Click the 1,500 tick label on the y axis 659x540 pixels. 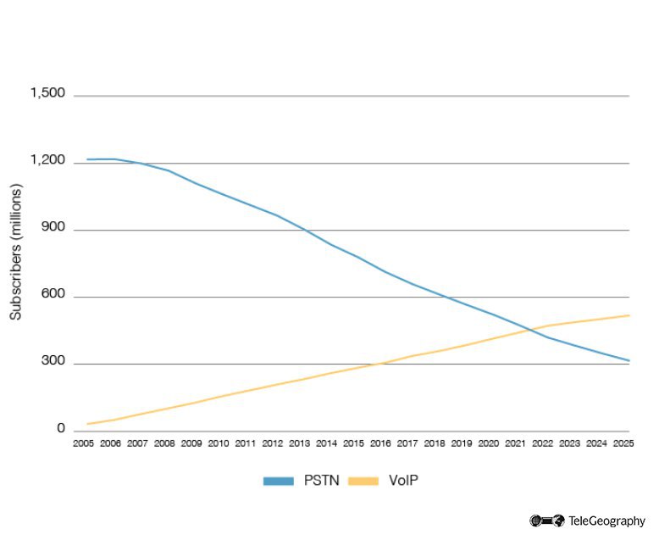tap(47, 93)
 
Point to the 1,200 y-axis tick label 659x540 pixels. tap(47, 161)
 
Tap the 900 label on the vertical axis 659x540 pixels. tap(53, 229)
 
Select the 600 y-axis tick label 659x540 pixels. tap(53, 296)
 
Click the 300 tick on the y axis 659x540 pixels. tap(53, 363)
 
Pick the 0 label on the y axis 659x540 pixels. tap(61, 429)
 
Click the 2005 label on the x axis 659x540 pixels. tap(84, 443)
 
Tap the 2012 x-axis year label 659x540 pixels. tap(273, 443)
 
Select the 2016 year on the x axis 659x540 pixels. tap(380, 443)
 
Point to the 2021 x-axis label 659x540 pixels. tap(515, 443)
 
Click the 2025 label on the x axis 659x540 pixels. tap(623, 443)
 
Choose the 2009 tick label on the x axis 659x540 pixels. tap(191, 443)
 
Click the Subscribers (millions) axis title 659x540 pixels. tap(16, 252)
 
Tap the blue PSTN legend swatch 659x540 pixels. tap(278, 481)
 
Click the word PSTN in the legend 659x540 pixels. tap(321, 481)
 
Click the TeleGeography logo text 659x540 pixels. tap(606, 521)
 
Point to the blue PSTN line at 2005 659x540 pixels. tap(87, 159)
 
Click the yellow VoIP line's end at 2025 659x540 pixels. tap(629, 315)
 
